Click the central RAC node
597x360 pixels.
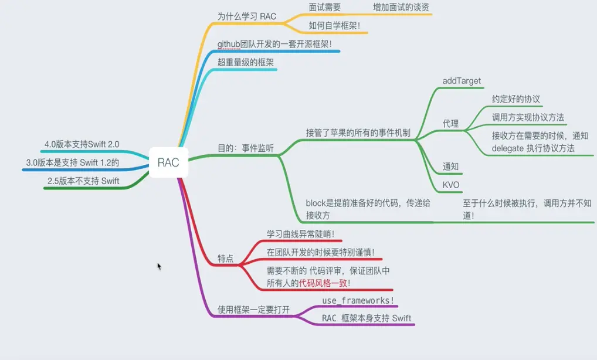pyautogui.click(x=168, y=162)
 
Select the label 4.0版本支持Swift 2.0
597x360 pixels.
pyautogui.click(x=82, y=144)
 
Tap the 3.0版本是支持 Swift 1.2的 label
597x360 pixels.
pyautogui.click(x=73, y=162)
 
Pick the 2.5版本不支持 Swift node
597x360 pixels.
pyautogui.click(x=83, y=181)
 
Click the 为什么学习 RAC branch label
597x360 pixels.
pyautogui.click(x=246, y=16)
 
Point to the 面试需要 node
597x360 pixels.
pyautogui.click(x=324, y=7)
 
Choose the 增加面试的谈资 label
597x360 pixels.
pyautogui.click(x=402, y=7)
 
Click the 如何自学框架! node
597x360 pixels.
pyautogui.click(x=335, y=26)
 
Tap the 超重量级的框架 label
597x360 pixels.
pyautogui.click(x=246, y=62)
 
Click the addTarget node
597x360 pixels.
pyautogui.click(x=462, y=80)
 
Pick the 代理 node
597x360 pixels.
pyautogui.click(x=450, y=124)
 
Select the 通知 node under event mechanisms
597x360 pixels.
pyautogui.click(x=450, y=167)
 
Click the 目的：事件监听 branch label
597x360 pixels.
pyautogui.click(x=245, y=148)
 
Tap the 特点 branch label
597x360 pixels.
pyautogui.click(x=226, y=258)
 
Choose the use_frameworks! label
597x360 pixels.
pyautogui.click(x=358, y=301)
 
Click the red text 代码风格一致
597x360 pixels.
pyautogui.click(x=323, y=283)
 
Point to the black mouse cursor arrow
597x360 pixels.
pyautogui.click(x=159, y=266)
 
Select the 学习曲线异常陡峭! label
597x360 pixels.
pyautogui.click(x=300, y=234)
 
